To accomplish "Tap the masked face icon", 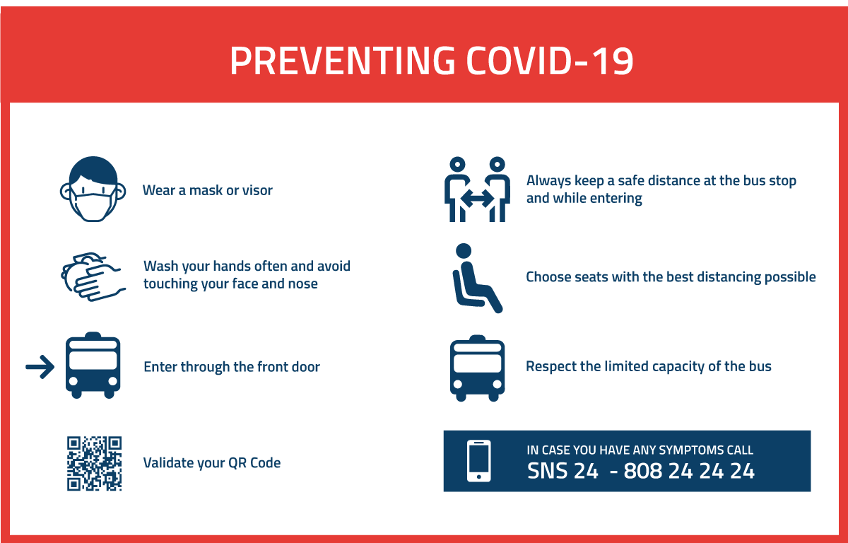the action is [x=93, y=189].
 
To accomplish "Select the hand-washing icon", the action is [x=93, y=276].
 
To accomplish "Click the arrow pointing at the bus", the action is [x=40, y=366].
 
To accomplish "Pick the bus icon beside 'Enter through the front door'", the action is [x=93, y=366].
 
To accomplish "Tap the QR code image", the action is [x=94, y=463].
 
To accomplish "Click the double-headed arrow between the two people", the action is [x=477, y=199].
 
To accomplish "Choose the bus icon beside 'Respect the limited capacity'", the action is [x=478, y=368].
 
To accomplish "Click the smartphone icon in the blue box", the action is [x=479, y=461].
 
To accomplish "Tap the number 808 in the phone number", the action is [x=643, y=471].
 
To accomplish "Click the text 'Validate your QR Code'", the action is [x=212, y=462].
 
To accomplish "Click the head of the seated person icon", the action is [x=464, y=251].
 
